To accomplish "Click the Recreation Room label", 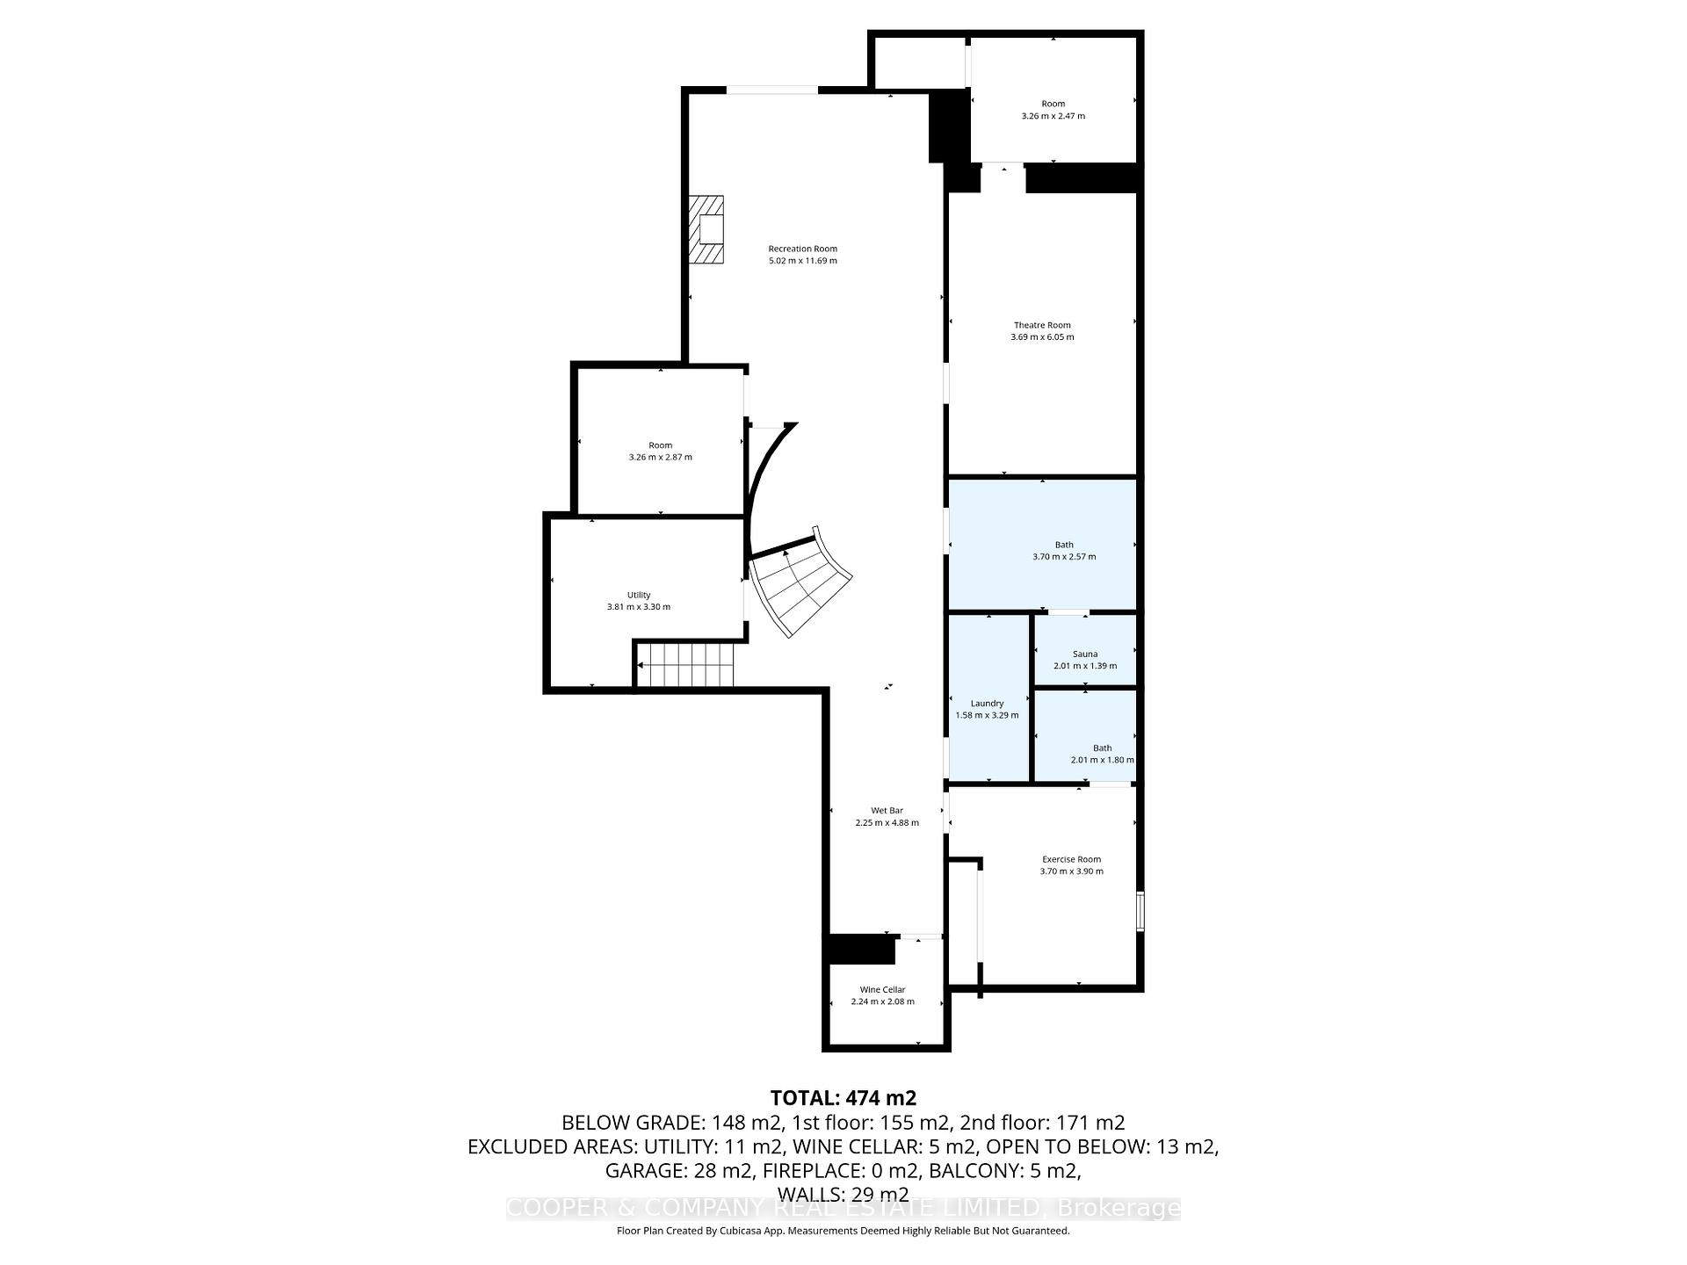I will [802, 249].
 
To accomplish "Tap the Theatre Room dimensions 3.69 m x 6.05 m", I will [1042, 337].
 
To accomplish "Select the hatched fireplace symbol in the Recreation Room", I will [706, 229].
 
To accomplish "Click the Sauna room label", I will [1085, 654].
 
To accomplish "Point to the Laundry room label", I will [987, 703].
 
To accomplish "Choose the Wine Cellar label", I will [882, 989].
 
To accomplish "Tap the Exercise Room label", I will [1071, 859].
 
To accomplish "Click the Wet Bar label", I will [887, 810].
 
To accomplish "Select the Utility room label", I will [639, 595].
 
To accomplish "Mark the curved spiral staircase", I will [800, 584].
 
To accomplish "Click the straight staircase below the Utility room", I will [685, 665].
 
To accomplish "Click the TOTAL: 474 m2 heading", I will [843, 1098].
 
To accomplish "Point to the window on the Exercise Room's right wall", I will [1140, 911].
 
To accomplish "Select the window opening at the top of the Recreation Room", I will [771, 90].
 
